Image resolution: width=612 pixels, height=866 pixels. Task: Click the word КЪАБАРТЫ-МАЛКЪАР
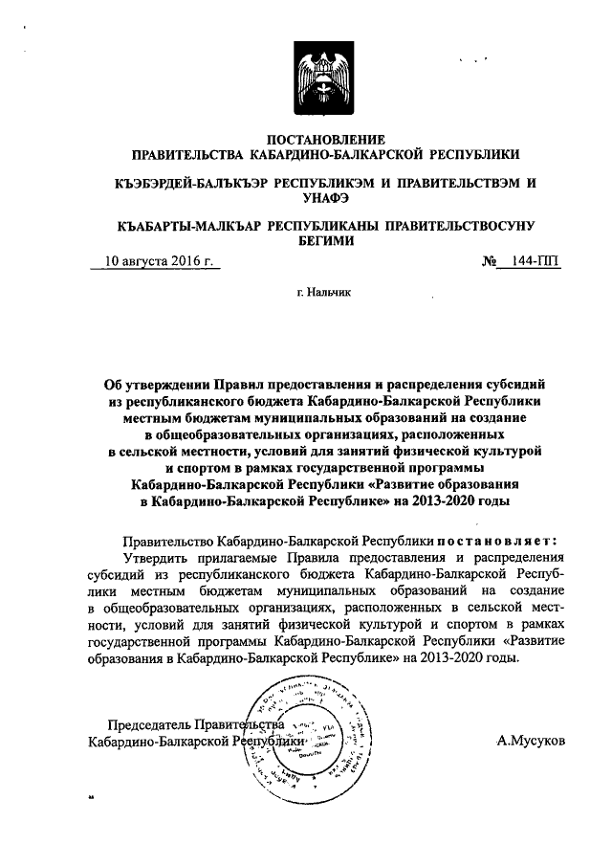[x=184, y=226]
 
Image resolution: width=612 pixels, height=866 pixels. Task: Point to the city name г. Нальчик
[x=324, y=294]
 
